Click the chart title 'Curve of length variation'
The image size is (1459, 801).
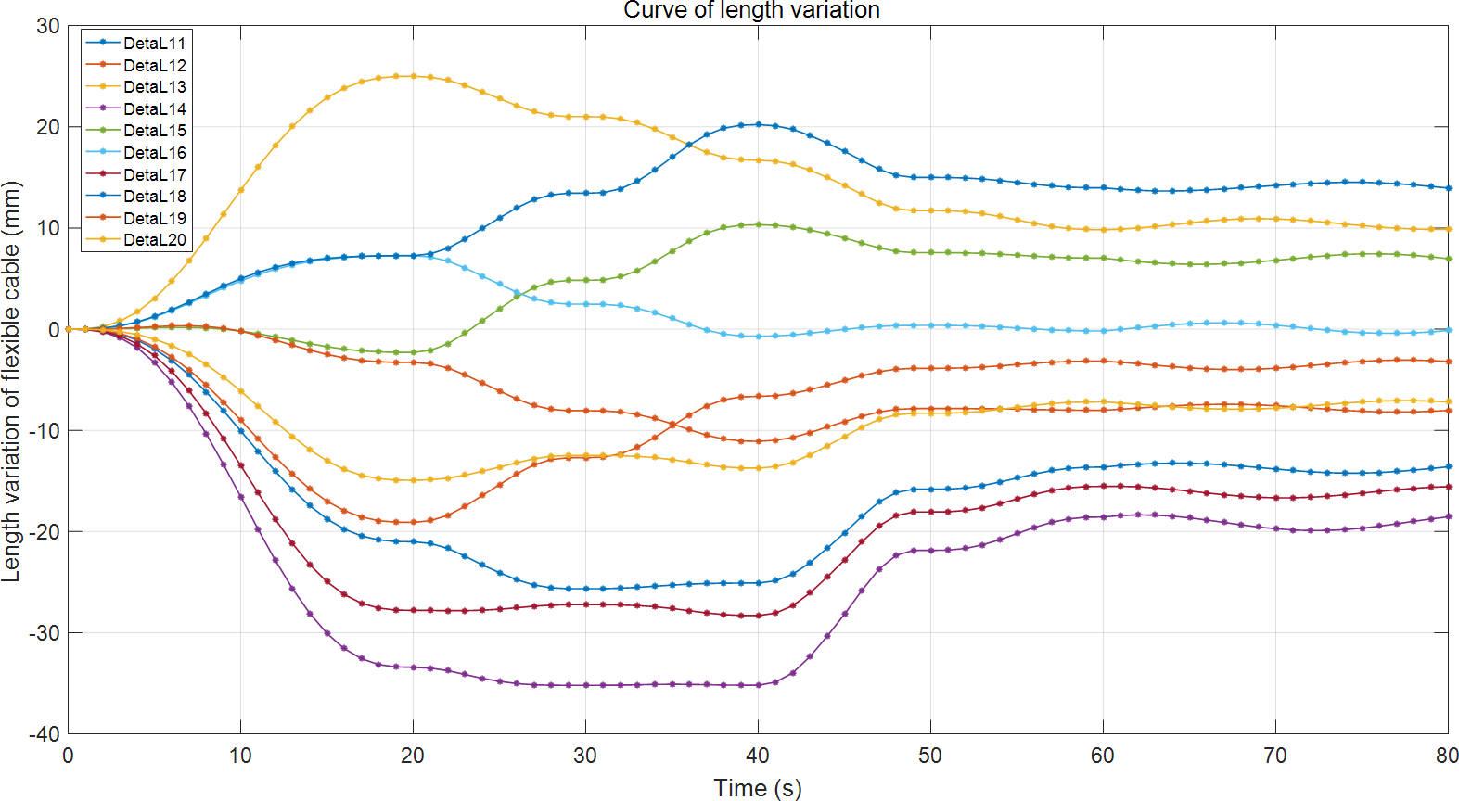751,10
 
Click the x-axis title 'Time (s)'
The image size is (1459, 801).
757,788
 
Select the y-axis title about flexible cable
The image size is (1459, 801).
11,381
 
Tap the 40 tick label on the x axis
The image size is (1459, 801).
758,756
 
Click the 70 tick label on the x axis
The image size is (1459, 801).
1275,756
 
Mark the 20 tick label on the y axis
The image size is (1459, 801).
48,127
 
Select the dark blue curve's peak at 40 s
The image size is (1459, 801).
759,124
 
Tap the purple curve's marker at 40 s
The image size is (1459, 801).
759,685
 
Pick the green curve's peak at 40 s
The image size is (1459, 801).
759,224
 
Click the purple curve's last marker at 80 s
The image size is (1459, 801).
1448,516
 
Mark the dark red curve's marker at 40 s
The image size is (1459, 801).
759,616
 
